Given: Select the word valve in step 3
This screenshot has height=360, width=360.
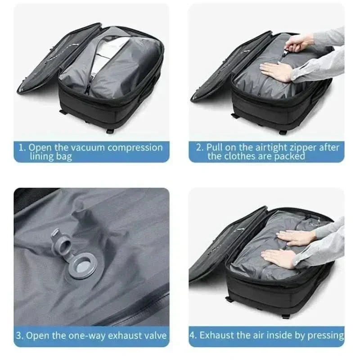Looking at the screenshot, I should pos(153,336).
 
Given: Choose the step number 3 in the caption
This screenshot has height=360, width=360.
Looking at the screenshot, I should pos(19,336).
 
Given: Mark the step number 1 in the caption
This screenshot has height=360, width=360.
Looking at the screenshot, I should pos(20,148).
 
